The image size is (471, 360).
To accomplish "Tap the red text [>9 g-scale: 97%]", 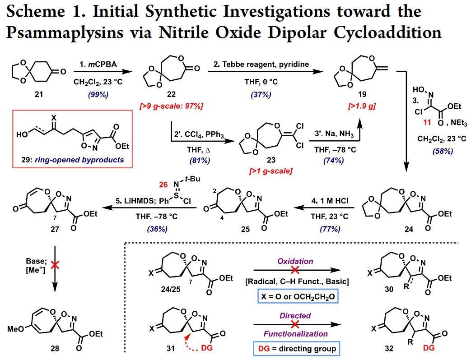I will point(171,106).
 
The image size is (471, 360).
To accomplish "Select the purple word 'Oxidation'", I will point(295,261).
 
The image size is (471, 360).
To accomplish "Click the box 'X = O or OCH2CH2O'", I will point(295,297).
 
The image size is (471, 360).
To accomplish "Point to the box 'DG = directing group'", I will point(295,348).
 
